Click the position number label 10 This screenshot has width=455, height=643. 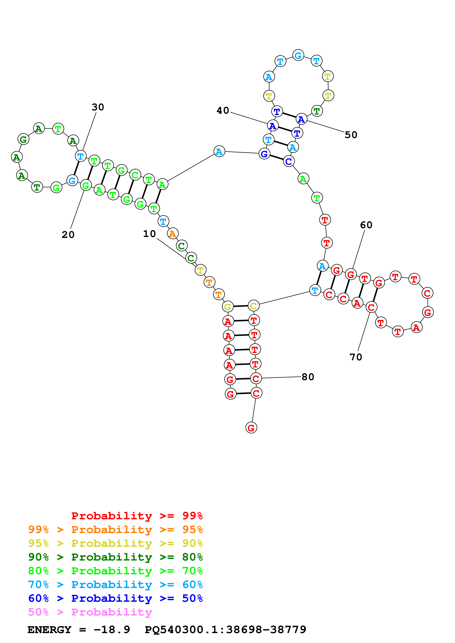(x=149, y=234)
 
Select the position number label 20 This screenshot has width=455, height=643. (x=68, y=235)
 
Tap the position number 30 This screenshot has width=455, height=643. (x=98, y=107)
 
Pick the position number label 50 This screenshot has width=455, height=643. (x=351, y=135)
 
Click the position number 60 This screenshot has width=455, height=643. (x=366, y=225)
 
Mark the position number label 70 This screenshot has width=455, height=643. (x=356, y=357)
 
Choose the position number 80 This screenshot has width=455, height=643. (x=308, y=377)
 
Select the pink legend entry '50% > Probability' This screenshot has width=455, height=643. (x=90, y=612)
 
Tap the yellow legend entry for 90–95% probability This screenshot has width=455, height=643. (x=115, y=543)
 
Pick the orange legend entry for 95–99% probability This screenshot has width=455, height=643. (x=115, y=530)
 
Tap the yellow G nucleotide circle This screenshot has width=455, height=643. (x=228, y=307)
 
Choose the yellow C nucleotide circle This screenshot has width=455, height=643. (x=253, y=306)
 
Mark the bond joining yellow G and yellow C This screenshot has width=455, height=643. (x=241, y=306)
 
